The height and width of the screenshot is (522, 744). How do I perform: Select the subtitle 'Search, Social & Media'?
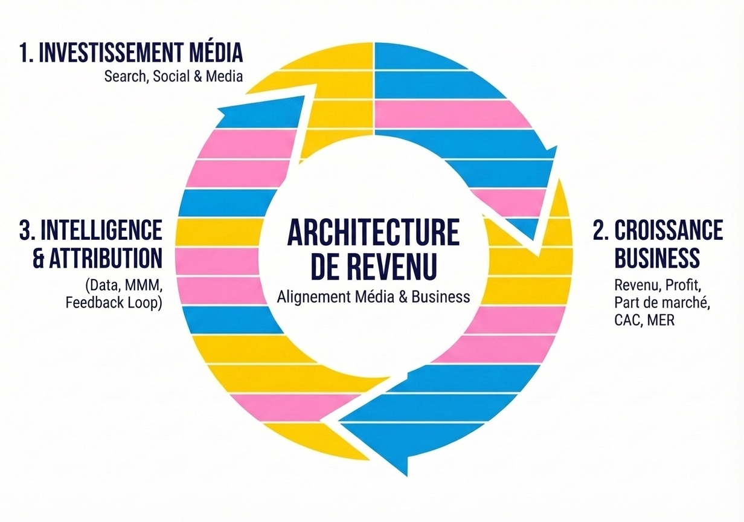pos(173,77)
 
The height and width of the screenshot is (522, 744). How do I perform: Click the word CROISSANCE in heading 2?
pos(669,230)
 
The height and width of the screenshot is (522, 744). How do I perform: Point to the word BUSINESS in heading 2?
pos(656,258)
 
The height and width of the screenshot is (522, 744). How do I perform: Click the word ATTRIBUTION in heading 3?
pos(106,258)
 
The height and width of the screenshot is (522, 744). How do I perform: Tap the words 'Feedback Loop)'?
pos(114,302)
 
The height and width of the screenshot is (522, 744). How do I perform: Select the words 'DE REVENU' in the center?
pos(373,266)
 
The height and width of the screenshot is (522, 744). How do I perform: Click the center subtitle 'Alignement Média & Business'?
pos(373,297)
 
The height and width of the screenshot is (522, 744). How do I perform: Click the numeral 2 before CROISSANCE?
pos(600,230)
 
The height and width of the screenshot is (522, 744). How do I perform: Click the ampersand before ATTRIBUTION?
pos(40,258)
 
